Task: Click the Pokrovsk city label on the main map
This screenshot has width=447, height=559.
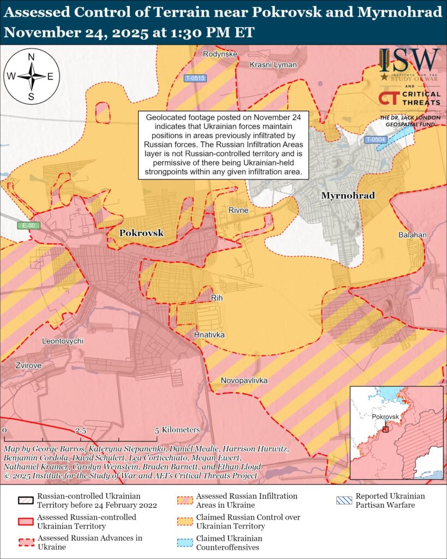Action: tap(141, 233)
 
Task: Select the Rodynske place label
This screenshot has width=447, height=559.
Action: tap(219, 54)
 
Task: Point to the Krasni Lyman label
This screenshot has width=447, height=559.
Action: tap(273, 65)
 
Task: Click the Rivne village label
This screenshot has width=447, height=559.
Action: tap(239, 210)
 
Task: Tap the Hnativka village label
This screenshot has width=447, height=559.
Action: tap(209, 334)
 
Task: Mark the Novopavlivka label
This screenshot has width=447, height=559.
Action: tap(244, 380)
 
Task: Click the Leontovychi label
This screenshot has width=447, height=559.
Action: tap(63, 341)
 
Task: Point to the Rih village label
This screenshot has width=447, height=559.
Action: tap(217, 298)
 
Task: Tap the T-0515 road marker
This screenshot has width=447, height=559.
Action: tap(195, 78)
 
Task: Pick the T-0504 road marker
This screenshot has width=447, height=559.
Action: tap(376, 140)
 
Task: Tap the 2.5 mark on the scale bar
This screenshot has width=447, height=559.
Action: tap(81, 430)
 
